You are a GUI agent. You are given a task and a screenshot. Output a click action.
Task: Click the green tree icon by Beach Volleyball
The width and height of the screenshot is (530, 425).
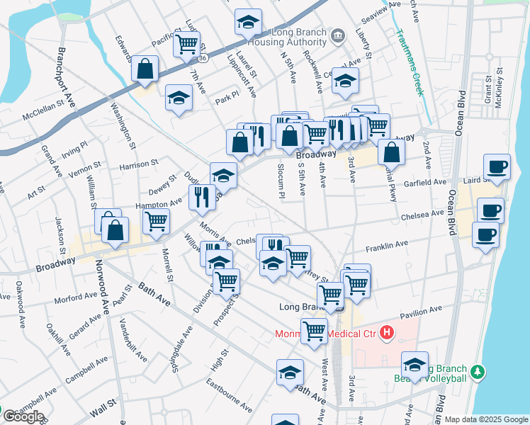click(478, 371)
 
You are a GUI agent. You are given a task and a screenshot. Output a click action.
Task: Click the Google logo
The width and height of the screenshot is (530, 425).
click(23, 416)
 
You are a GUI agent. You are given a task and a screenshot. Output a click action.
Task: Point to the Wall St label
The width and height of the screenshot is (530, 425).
click(103, 409)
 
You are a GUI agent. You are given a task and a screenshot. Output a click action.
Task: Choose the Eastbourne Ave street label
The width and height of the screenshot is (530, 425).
click(229, 397)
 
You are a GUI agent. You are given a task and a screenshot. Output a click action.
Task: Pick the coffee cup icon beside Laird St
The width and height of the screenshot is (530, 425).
click(497, 167)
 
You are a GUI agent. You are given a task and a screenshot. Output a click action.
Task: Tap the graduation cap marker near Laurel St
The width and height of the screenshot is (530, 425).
click(248, 23)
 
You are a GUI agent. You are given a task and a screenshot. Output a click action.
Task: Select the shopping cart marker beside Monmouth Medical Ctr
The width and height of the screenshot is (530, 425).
click(314, 329)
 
